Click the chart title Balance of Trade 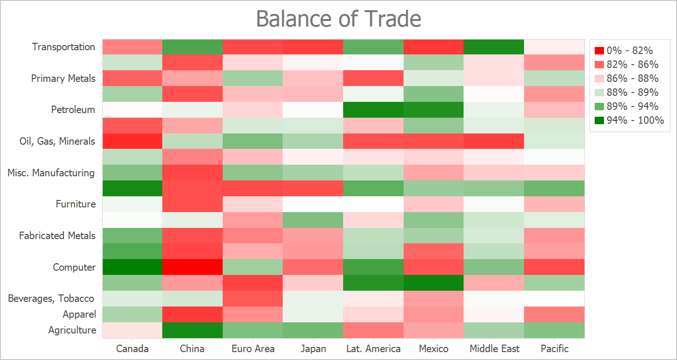pyautogui.click(x=338, y=19)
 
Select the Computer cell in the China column pyautogui.click(x=192, y=267)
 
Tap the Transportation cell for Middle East pyautogui.click(x=494, y=47)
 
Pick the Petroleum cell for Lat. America pyautogui.click(x=373, y=110)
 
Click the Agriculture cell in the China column pyautogui.click(x=192, y=330)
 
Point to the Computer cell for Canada pyautogui.click(x=133, y=267)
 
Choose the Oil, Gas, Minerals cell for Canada pyautogui.click(x=133, y=141)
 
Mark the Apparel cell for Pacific pyautogui.click(x=554, y=314)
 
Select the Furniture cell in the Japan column pyautogui.click(x=313, y=204)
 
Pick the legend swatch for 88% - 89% pyautogui.click(x=600, y=93)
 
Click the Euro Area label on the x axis pyautogui.click(x=253, y=349)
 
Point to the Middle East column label pyautogui.click(x=494, y=349)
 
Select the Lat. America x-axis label pyautogui.click(x=373, y=349)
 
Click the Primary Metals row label pyautogui.click(x=63, y=79)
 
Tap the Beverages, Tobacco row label pyautogui.click(x=51, y=299)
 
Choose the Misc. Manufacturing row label pyautogui.click(x=51, y=173)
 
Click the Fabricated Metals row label pyautogui.click(x=57, y=236)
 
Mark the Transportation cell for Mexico pyautogui.click(x=434, y=47)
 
